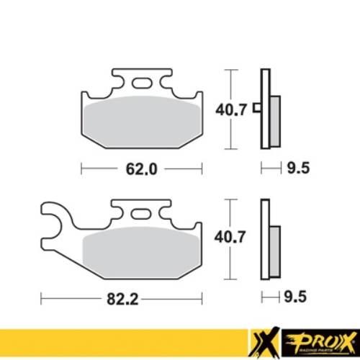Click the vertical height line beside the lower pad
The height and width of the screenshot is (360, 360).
(229, 237)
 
